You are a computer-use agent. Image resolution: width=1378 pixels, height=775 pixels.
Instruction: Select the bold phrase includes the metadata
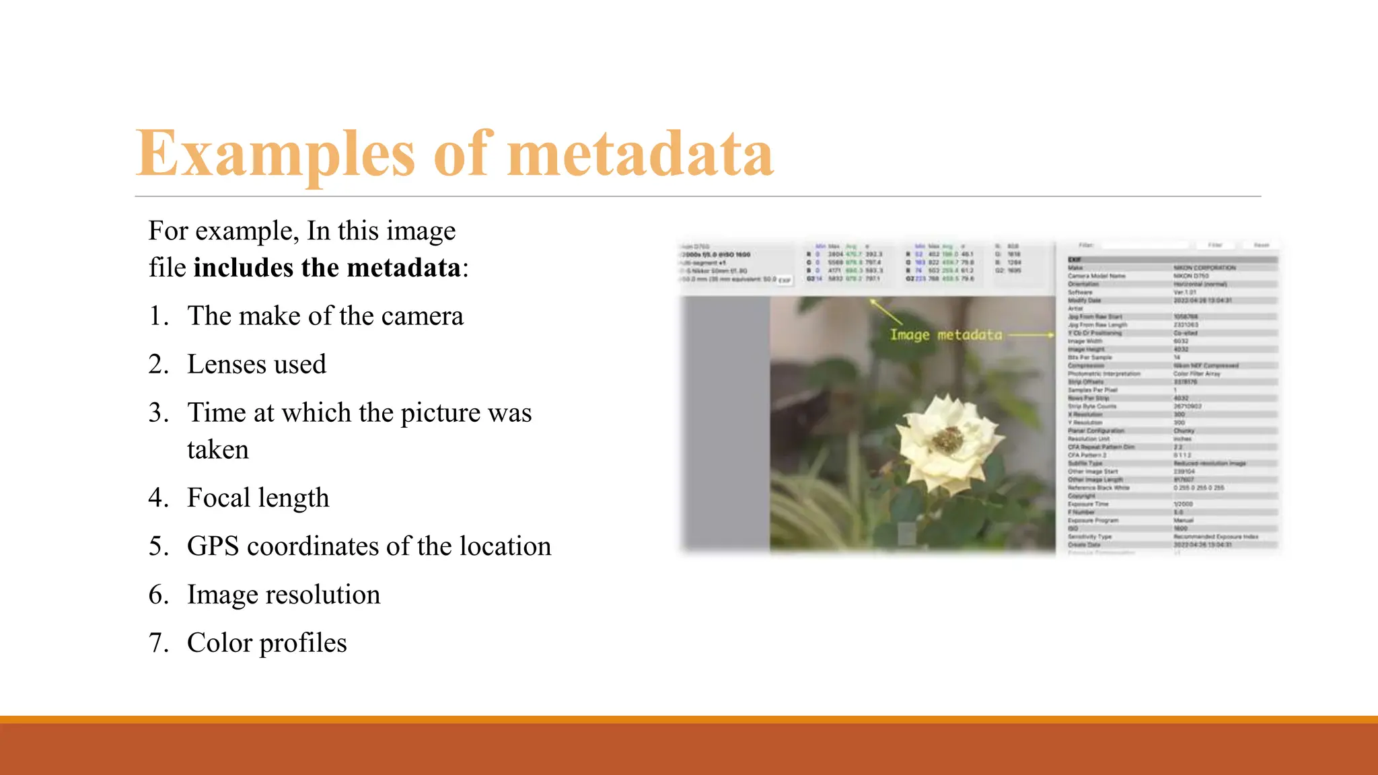coord(327,268)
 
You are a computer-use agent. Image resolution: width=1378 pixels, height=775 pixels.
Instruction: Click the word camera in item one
coord(423,316)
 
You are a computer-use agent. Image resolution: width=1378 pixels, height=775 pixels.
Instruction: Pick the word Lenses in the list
coord(225,365)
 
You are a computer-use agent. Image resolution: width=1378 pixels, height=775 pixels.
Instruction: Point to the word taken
coord(217,449)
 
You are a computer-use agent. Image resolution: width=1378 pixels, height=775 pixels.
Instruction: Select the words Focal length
coord(258,498)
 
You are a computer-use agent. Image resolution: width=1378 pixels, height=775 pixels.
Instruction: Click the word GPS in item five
coord(213,546)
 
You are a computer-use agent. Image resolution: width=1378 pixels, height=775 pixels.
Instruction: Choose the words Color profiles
coord(267,643)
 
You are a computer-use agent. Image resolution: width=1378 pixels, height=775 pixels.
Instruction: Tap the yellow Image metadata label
coord(945,335)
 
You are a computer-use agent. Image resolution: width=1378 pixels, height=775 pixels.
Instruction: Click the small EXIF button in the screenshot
coord(785,281)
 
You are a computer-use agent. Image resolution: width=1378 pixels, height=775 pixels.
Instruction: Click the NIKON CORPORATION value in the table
coord(1204,268)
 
